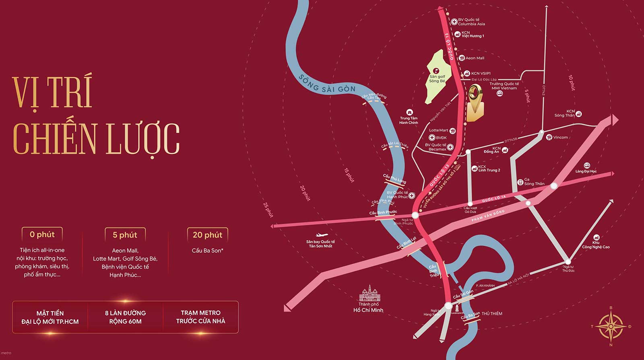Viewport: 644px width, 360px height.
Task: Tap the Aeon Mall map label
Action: pyautogui.click(x=475, y=58)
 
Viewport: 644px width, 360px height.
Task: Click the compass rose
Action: pyautogui.click(x=611, y=326)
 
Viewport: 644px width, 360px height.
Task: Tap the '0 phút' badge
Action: pyautogui.click(x=42, y=234)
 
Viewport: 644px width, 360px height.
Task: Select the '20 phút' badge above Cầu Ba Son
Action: pyautogui.click(x=207, y=235)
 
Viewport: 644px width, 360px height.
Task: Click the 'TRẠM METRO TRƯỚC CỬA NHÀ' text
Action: pyautogui.click(x=200, y=317)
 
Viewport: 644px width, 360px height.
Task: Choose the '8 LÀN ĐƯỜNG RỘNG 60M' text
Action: pyautogui.click(x=125, y=317)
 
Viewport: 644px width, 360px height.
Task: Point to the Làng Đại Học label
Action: pyautogui.click(x=586, y=171)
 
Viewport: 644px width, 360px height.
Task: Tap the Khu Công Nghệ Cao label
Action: pyautogui.click(x=596, y=245)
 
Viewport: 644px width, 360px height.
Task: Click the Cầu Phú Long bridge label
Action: pyautogui.click(x=394, y=179)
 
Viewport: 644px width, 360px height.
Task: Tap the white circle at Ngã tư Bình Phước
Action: pyautogui.click(x=415, y=215)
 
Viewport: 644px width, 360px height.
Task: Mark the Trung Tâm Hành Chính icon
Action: pyautogui.click(x=409, y=112)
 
